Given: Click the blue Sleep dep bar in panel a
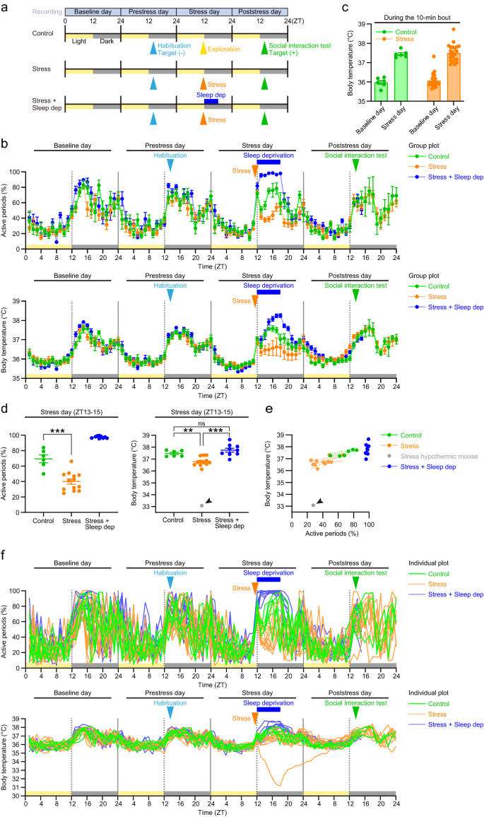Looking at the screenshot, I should [211, 101].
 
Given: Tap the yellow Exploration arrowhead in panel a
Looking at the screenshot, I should [203, 48].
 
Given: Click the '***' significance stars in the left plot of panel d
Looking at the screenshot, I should [58, 429].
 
